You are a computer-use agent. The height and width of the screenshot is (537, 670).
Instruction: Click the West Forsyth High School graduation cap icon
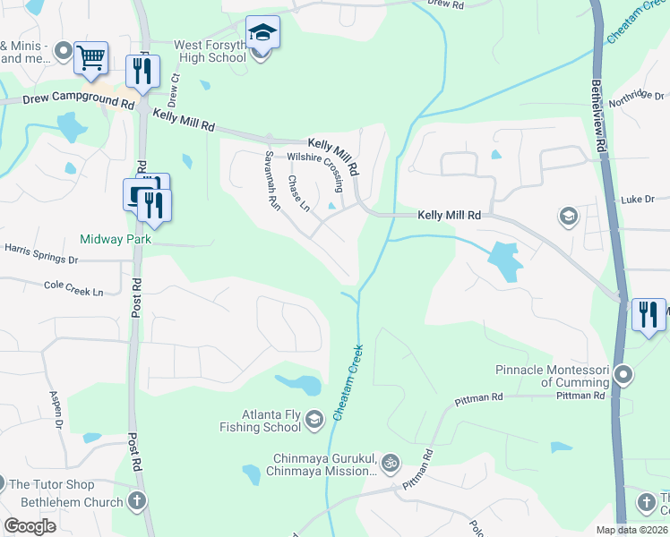(262, 33)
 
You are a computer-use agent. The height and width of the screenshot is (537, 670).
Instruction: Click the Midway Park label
(116, 239)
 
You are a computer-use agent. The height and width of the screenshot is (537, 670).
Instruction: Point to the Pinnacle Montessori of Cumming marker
(625, 373)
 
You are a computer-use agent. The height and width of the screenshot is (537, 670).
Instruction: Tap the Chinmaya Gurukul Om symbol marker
(389, 463)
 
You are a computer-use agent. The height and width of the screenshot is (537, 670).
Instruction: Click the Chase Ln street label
(297, 193)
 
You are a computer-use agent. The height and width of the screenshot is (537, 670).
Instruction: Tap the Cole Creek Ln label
(73, 288)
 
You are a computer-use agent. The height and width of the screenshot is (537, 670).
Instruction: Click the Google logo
(30, 526)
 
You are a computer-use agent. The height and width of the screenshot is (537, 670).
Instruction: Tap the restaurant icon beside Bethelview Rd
(648, 314)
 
